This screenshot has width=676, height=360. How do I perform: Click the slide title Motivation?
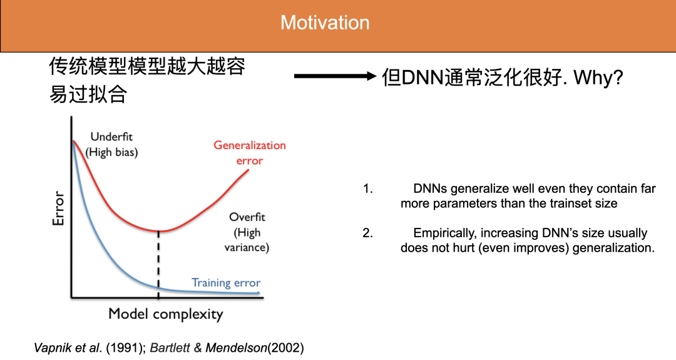(x=325, y=23)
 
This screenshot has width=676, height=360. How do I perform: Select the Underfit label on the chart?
(x=111, y=136)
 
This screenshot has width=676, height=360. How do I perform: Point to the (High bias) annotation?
(x=111, y=152)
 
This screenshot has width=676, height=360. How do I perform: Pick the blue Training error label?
(x=226, y=282)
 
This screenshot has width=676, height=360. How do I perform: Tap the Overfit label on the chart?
(x=247, y=217)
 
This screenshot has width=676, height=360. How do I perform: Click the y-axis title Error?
(x=58, y=208)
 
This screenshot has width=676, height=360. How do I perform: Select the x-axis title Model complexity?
(x=165, y=314)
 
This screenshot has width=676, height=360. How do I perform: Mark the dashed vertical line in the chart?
(x=158, y=263)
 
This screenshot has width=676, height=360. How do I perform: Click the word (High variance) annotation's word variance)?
(x=247, y=248)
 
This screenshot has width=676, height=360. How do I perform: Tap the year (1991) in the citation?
(x=126, y=347)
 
